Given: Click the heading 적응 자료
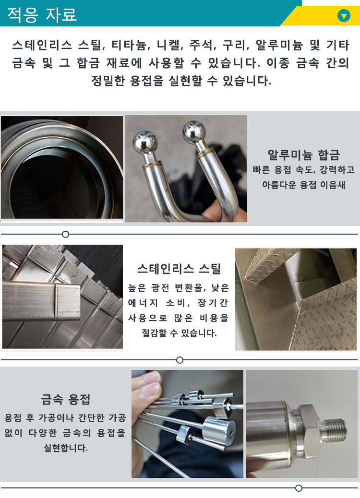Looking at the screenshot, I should [42, 14].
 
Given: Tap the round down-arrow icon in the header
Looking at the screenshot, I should [344, 16].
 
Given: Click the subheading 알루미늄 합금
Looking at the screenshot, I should [303, 155].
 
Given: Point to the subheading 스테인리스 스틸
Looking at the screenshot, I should [179, 268].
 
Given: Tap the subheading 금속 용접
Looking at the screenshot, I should [66, 399].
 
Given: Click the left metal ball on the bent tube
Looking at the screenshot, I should [145, 142].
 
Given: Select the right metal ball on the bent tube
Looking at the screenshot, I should [194, 131].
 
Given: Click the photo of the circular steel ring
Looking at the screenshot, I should [62, 168].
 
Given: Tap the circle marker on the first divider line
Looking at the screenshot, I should [66, 234].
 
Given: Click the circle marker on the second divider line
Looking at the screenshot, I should [180, 360].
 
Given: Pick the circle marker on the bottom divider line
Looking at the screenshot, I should [299, 488].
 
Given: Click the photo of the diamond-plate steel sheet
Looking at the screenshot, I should [296, 299].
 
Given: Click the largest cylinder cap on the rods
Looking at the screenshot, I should [218, 428].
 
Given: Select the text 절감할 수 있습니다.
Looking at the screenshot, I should [179, 332].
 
